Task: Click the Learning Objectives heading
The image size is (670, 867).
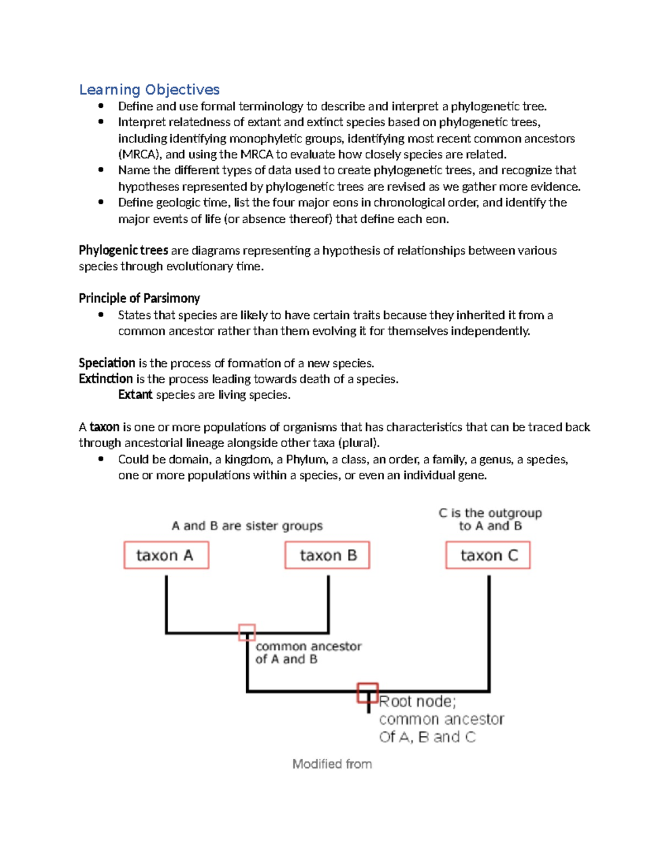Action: tap(149, 89)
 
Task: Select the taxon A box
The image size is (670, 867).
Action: tap(166, 555)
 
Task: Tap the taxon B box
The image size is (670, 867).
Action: tap(327, 555)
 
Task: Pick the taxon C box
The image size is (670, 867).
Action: tap(488, 555)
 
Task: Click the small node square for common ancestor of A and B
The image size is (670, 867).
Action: tap(247, 633)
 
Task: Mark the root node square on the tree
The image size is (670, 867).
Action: tap(368, 693)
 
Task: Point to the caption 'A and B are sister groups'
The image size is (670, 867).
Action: tap(247, 525)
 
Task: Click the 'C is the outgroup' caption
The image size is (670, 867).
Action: tap(490, 512)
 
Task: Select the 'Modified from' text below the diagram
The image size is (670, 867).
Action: tap(332, 764)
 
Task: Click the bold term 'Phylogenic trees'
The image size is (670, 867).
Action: tap(123, 250)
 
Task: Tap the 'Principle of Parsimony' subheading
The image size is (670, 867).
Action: tap(139, 298)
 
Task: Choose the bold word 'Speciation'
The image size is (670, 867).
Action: tap(107, 363)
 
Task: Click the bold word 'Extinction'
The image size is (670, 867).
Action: tap(106, 379)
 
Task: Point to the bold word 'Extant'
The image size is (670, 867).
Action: tap(135, 395)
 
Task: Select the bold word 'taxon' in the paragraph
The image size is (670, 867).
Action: tap(104, 427)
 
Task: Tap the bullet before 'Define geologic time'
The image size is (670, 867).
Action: tap(101, 202)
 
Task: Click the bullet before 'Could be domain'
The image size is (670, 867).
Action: tap(101, 459)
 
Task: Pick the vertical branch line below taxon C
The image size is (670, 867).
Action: tap(489, 631)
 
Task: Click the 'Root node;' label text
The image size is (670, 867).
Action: tap(417, 701)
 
